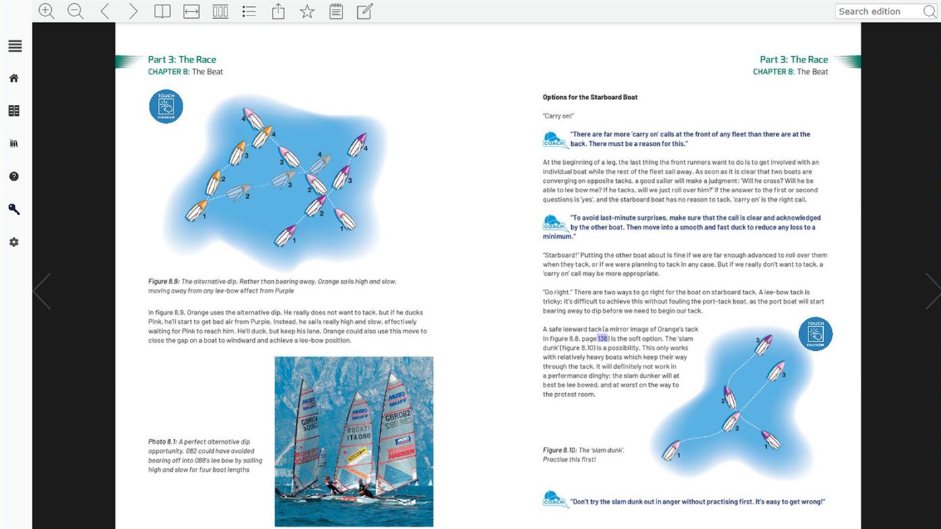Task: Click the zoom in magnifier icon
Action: [46, 11]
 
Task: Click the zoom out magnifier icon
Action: [75, 11]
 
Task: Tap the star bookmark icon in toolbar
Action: [307, 11]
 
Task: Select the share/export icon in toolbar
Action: [278, 11]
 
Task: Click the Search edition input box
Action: [878, 11]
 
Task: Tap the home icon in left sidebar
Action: [14, 78]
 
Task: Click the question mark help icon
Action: [14, 176]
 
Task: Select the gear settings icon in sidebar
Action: [14, 242]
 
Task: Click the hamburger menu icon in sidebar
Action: [15, 46]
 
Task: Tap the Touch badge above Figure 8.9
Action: [166, 106]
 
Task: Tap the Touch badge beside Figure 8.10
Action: [815, 334]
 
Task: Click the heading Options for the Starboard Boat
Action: [590, 97]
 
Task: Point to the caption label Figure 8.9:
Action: [164, 282]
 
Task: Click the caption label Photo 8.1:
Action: [162, 442]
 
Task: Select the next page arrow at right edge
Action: [932, 291]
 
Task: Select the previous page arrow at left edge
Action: [42, 291]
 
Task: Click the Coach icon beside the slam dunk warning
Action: [555, 499]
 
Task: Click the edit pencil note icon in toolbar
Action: [365, 11]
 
